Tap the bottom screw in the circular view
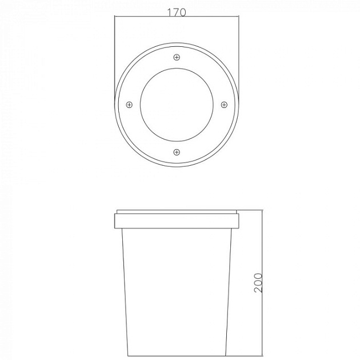177,151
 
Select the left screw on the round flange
129,105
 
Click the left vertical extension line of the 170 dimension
114,57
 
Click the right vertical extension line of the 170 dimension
239,57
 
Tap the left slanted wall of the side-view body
124,286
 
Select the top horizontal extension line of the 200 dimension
251,210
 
